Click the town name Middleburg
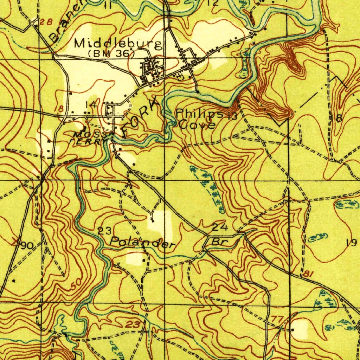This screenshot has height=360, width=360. pos(118,44)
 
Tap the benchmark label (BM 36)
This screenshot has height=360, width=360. pos(111,54)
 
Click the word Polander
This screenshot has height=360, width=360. pos(142,242)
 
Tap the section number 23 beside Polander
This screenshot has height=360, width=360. pos(104,231)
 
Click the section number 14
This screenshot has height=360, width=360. pos(90,104)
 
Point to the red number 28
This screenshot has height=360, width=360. pos(46,22)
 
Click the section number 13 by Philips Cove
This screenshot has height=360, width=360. pos(232,116)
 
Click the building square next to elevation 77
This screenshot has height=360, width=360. pos(292,330)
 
